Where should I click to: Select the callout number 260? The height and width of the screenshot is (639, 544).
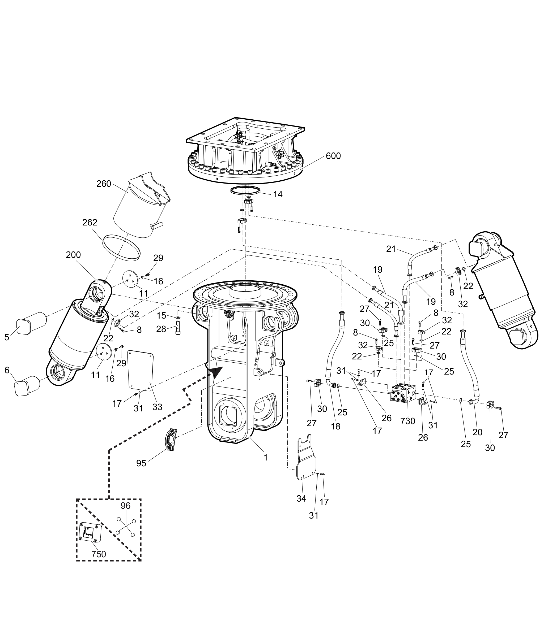click(x=104, y=184)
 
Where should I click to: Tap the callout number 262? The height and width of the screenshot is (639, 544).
click(x=90, y=222)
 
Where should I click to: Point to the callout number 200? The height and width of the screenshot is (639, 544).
click(x=73, y=255)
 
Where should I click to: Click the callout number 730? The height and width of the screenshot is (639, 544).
click(x=408, y=421)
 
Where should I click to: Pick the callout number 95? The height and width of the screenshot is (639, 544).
click(x=141, y=463)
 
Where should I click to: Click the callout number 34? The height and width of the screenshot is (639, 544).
click(x=301, y=499)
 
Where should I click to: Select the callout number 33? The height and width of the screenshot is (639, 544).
click(x=157, y=407)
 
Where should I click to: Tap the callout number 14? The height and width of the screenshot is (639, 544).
click(x=278, y=194)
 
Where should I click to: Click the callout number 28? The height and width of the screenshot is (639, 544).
click(x=161, y=329)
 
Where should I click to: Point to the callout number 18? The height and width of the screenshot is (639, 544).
click(x=335, y=426)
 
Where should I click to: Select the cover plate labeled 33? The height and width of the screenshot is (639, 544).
click(x=141, y=370)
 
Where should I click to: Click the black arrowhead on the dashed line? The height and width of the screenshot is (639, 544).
click(x=216, y=372)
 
